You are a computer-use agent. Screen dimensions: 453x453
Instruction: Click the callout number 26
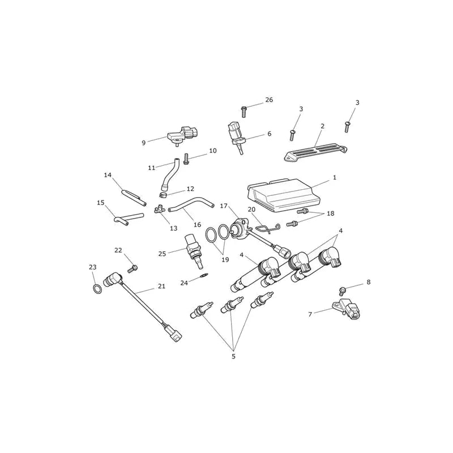[269, 100]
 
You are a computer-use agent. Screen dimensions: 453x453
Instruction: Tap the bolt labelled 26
[243, 112]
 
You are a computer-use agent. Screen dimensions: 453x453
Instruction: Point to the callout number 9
[144, 143]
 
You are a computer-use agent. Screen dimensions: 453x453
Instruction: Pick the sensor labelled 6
[237, 137]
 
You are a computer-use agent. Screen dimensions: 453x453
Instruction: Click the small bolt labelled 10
[186, 159]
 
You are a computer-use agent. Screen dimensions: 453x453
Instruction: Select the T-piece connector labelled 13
[159, 209]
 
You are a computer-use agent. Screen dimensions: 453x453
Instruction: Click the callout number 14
[108, 175]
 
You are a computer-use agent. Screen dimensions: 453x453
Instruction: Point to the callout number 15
[101, 203]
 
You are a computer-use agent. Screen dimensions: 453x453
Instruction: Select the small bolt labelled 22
[133, 268]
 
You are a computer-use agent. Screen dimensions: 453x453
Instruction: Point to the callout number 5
[233, 357]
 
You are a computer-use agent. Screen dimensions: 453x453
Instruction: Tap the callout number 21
[161, 286]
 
